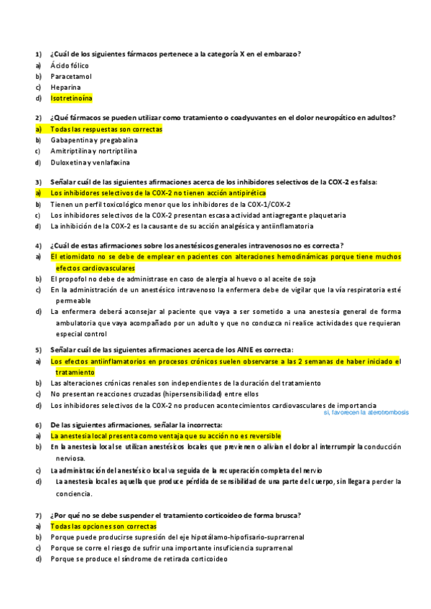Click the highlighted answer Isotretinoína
71,98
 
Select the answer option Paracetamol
71,76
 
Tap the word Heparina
65,87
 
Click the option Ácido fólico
70,65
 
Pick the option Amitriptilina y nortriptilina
93,151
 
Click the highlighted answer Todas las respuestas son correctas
106,129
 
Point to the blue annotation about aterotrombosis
366,413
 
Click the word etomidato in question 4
78,257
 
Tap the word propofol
73,279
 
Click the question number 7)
39,516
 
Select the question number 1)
39,55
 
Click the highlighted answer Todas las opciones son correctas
103,526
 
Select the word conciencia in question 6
73,494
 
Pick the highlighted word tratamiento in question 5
75,373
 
